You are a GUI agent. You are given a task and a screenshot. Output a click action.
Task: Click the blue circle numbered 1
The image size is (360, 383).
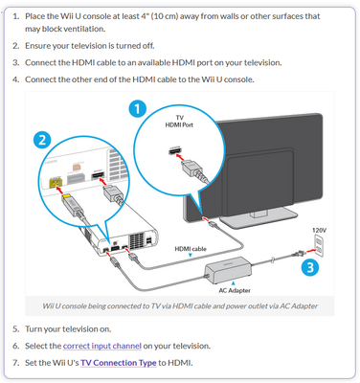pos(138,109)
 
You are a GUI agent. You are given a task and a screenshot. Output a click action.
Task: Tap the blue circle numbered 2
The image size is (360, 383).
pos(42,140)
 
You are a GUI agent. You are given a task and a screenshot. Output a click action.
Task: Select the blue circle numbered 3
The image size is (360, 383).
pos(310,267)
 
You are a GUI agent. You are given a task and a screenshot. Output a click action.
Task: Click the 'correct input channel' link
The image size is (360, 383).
pos(102,346)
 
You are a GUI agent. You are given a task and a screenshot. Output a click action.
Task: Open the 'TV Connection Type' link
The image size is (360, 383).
pos(119,363)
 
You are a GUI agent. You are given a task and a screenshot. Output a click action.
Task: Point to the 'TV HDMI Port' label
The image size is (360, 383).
pos(179,122)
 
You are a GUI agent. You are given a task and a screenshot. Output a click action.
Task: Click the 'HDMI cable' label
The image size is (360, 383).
pos(191,249)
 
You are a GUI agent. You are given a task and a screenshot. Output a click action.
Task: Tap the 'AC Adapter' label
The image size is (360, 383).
pos(235,290)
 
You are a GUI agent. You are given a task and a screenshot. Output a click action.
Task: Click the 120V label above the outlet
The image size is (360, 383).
pos(319,230)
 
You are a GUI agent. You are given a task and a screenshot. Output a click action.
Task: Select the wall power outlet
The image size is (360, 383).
pos(319,245)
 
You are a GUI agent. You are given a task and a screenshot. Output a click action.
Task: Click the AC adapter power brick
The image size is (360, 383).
pos(228,270)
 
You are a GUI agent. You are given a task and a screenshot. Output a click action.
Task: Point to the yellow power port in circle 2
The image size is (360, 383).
pos(56,182)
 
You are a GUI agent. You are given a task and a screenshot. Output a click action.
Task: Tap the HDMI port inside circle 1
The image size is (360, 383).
pos(175,150)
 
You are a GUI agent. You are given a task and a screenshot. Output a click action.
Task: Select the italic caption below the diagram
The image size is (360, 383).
pos(180,306)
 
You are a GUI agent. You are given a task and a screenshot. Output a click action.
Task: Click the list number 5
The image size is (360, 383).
pos(16,329)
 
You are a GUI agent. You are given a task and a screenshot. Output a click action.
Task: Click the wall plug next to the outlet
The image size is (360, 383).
pos(299,254)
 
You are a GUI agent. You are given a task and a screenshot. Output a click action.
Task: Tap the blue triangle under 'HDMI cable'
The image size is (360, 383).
pos(191,255)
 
